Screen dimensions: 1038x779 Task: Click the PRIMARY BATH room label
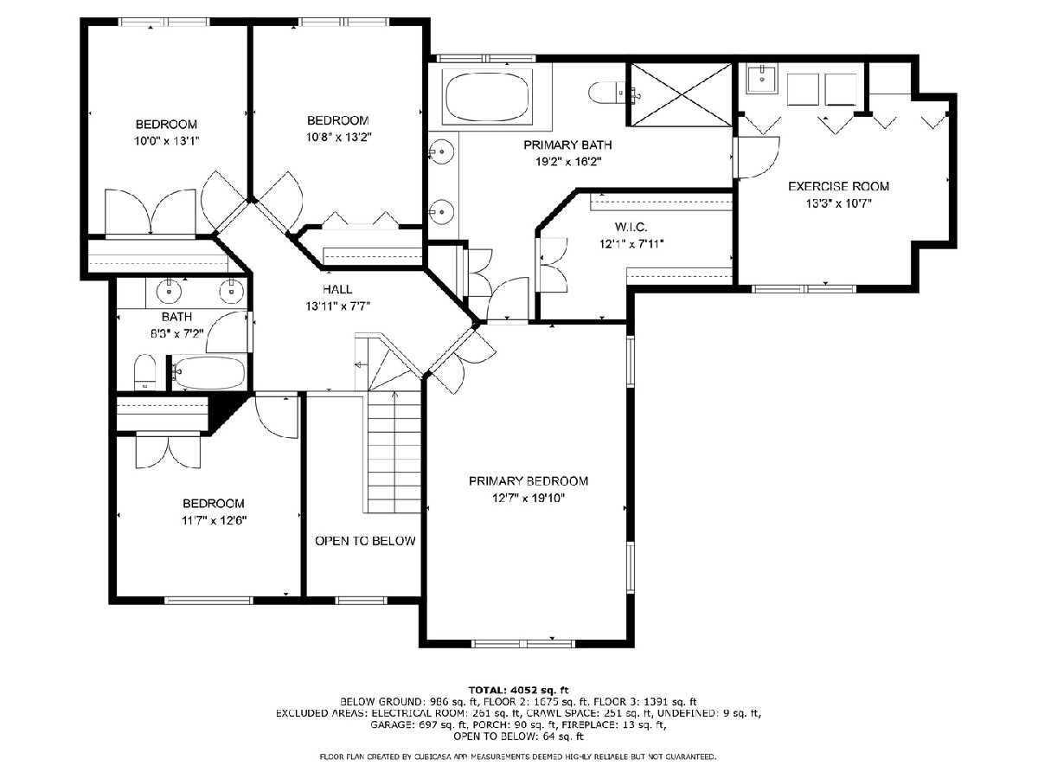tap(567, 145)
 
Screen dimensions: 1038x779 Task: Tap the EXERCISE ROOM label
tap(838, 186)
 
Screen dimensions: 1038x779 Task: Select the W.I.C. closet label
tap(631, 228)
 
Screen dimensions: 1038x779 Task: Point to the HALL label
tap(337, 289)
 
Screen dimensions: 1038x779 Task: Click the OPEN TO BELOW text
tap(365, 541)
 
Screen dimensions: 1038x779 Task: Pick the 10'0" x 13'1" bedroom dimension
tap(166, 141)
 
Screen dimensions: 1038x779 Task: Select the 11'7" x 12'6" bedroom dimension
tap(214, 521)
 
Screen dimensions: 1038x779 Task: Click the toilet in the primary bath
tap(606, 93)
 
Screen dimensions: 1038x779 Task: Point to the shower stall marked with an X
tap(682, 94)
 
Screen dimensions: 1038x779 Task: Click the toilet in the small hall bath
tap(144, 372)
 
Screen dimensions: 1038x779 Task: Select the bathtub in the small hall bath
tap(208, 372)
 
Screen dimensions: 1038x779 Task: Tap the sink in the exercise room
tap(762, 80)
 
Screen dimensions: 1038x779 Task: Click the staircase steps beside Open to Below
tap(394, 452)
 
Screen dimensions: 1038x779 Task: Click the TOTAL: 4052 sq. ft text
tap(519, 690)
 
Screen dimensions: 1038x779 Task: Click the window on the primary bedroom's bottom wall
tap(523, 643)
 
